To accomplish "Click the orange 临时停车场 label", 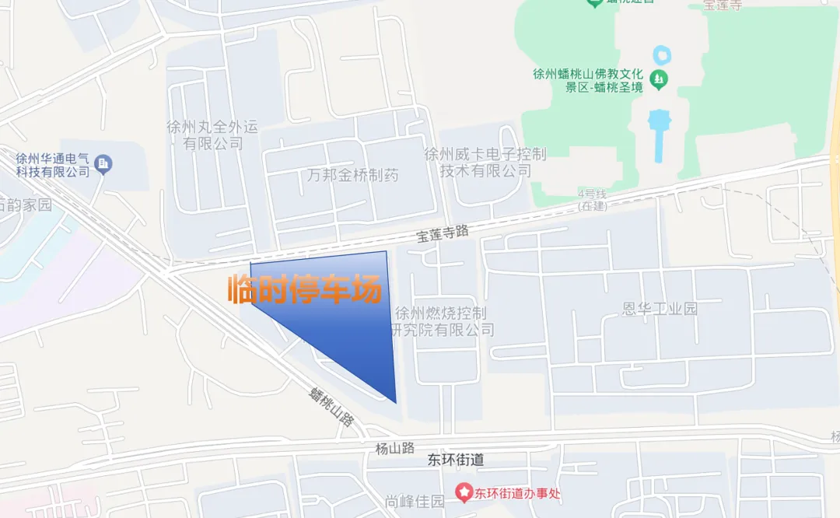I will click(305, 289).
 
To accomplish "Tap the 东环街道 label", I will click(456, 460).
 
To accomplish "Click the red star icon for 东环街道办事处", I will click(464, 492).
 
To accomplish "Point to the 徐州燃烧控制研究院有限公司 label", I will click(441, 321).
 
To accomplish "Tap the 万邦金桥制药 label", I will click(352, 176).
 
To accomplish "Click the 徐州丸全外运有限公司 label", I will click(212, 135).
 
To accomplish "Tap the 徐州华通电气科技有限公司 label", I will click(53, 164).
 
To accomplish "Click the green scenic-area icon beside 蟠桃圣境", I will click(659, 78).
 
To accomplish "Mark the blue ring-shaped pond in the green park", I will click(663, 55).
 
